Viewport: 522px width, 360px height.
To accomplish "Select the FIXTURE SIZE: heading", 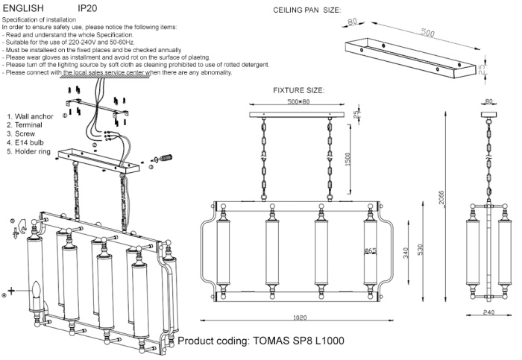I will pyautogui.click(x=299, y=89).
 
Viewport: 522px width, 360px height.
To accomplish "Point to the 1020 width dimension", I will pyautogui.click(x=300, y=318).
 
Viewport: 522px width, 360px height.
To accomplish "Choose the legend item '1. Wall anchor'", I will pyautogui.click(x=30, y=117).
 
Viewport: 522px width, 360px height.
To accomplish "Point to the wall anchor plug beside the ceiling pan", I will pyautogui.click(x=163, y=158).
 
